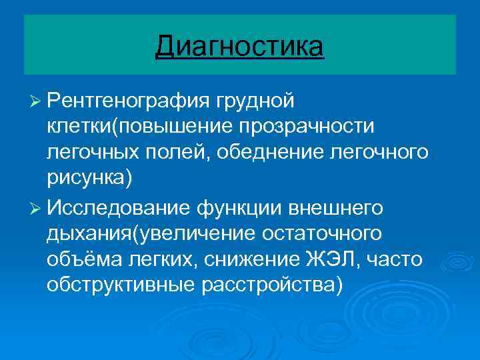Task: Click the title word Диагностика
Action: [240, 47]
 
